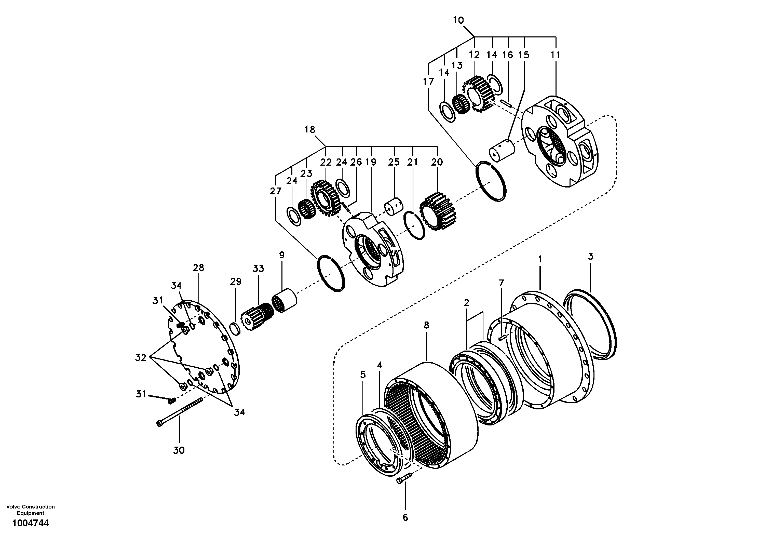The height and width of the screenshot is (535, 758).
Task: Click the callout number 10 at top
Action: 458,20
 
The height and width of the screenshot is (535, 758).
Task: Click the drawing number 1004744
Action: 30,523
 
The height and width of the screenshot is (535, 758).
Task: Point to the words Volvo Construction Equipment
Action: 30,510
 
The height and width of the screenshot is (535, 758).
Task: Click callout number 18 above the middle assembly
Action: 310,129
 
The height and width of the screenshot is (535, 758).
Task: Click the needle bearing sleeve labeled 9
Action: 284,301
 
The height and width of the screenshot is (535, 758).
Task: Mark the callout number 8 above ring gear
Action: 426,325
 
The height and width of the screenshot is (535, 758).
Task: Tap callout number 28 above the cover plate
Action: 198,267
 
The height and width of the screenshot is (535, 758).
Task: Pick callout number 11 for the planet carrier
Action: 556,55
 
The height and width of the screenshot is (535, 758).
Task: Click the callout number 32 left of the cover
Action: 141,357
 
